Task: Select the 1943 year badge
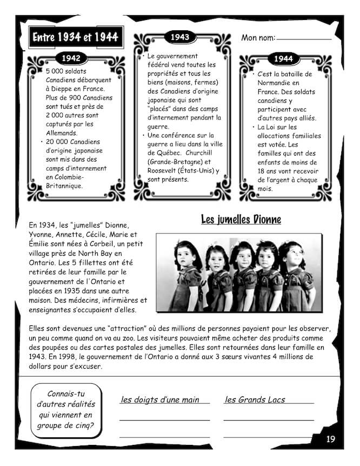coord(179,37)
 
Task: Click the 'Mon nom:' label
coord(258,37)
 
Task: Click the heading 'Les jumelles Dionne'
coord(241,219)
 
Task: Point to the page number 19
coord(330,439)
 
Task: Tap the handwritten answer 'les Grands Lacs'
coord(255,400)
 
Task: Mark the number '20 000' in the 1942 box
coord(58,142)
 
